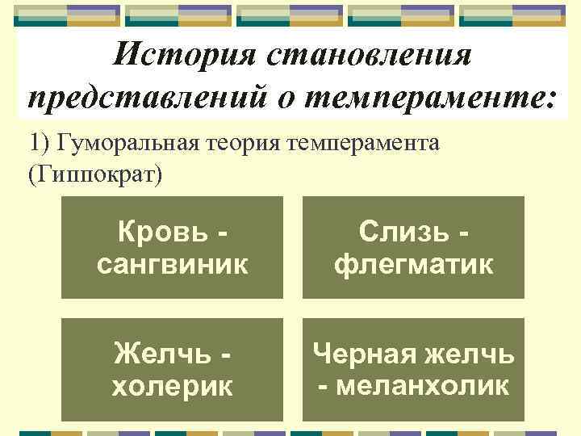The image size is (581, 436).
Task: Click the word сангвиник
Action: pyautogui.click(x=172, y=264)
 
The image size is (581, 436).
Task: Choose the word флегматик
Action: pyautogui.click(x=413, y=264)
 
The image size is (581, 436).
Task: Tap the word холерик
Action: pyautogui.click(x=172, y=386)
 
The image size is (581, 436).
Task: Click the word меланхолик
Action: pyautogui.click(x=413, y=386)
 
